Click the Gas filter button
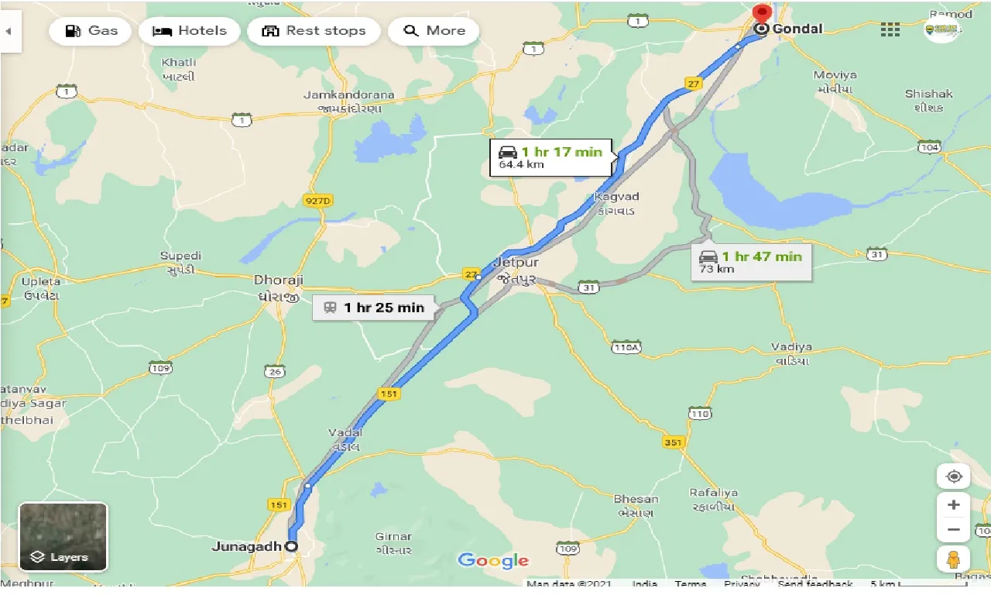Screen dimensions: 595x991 [92, 31]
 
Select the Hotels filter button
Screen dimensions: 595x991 [190, 31]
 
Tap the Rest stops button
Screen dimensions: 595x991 [314, 31]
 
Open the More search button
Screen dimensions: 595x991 [434, 31]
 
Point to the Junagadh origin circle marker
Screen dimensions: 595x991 [291, 546]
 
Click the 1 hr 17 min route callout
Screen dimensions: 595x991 [551, 157]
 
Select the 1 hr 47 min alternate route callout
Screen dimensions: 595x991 [751, 262]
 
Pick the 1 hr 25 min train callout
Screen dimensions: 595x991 [374, 308]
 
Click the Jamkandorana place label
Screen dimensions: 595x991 [348, 95]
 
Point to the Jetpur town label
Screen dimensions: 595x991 [516, 263]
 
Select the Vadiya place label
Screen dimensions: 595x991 [790, 347]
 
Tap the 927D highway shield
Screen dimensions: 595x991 [317, 201]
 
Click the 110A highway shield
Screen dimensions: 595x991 [626, 347]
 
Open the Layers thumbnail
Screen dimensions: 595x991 [63, 537]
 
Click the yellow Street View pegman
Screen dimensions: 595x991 [953, 558]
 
